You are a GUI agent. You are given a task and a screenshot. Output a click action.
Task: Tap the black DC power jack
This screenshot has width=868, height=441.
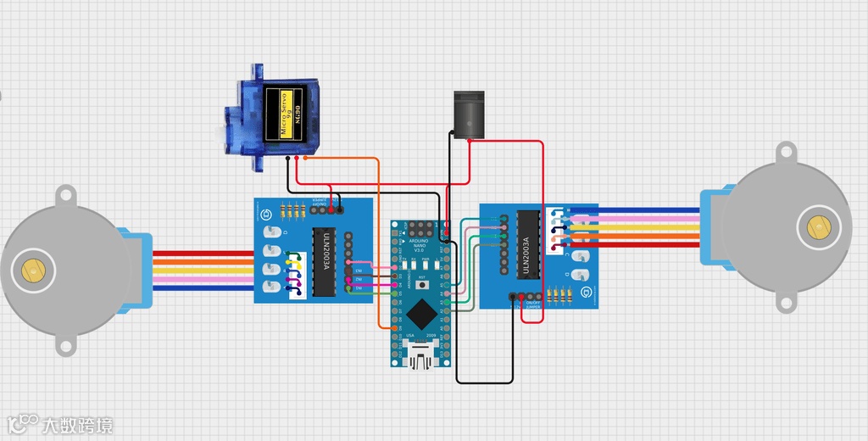[x=466, y=114]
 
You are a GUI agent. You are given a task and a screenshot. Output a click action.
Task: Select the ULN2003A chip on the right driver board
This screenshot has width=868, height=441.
[x=527, y=243]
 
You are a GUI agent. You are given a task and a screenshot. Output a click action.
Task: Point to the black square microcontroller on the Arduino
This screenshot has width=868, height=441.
[x=420, y=315]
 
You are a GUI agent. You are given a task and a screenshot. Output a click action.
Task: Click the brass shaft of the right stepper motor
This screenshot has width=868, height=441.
[x=818, y=227]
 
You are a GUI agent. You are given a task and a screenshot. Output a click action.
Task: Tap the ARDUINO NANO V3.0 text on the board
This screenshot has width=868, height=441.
[x=419, y=245]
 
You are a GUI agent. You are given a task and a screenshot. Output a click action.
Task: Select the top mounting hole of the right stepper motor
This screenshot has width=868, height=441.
[x=786, y=154]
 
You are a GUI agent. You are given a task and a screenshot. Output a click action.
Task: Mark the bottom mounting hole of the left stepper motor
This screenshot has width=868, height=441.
[x=65, y=344]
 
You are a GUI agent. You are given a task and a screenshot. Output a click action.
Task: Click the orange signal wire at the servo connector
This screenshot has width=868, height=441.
[x=307, y=159]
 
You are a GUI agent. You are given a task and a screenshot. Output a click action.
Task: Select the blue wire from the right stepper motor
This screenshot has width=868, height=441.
[x=644, y=210]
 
